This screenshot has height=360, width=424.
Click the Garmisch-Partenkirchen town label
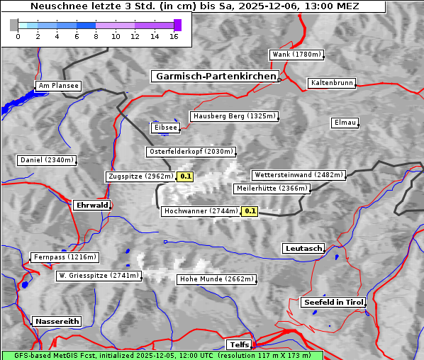(x=214, y=76)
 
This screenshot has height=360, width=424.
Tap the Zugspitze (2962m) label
(x=140, y=176)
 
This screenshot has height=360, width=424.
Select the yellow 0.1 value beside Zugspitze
(x=185, y=176)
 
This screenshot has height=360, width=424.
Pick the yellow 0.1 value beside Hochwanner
(x=250, y=210)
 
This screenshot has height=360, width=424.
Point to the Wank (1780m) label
(x=296, y=55)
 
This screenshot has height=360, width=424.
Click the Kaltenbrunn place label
(x=331, y=83)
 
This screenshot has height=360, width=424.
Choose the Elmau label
(x=345, y=123)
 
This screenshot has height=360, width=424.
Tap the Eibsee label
(x=164, y=128)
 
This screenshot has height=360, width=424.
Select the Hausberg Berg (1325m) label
(x=233, y=116)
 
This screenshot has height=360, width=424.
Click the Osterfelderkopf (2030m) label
(x=191, y=152)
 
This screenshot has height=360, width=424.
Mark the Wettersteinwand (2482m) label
(x=299, y=174)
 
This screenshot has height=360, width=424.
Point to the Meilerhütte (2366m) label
(x=272, y=189)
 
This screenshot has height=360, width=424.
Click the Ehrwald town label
(x=91, y=205)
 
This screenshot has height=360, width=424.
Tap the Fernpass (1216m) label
(x=64, y=257)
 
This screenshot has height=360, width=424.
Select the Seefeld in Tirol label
(x=333, y=302)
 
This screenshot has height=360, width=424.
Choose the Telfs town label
(x=238, y=344)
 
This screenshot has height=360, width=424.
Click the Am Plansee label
(x=57, y=86)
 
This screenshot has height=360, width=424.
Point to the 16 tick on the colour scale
(x=174, y=36)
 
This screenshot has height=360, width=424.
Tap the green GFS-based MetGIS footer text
(x=162, y=355)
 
